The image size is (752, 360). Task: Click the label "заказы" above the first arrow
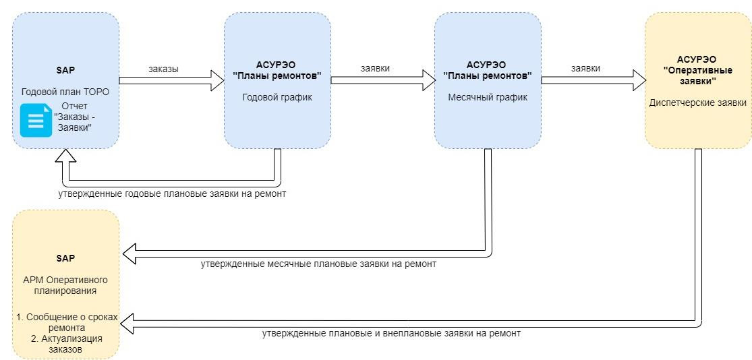[x=163, y=69]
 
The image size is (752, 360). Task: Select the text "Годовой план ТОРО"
[x=65, y=92]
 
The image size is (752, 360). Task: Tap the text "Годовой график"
[x=277, y=97]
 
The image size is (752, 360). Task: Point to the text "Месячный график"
[x=488, y=97]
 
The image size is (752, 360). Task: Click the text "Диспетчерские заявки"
[x=698, y=102]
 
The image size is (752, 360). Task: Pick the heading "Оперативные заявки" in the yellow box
[x=697, y=76]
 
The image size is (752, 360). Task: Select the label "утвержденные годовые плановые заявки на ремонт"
[x=172, y=195]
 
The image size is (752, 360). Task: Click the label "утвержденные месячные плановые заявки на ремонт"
[x=318, y=264]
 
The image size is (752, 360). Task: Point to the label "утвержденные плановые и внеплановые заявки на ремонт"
[x=391, y=333]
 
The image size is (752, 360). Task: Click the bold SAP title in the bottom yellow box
[x=65, y=258]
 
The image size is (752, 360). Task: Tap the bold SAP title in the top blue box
[x=65, y=70]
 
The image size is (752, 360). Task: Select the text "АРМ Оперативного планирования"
[x=65, y=284]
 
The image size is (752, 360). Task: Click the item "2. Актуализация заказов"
[x=65, y=344]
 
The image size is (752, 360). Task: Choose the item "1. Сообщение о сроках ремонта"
[x=65, y=323]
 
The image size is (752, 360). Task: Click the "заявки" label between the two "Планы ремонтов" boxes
[x=375, y=68]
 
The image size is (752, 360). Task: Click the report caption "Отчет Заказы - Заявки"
[x=78, y=117]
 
